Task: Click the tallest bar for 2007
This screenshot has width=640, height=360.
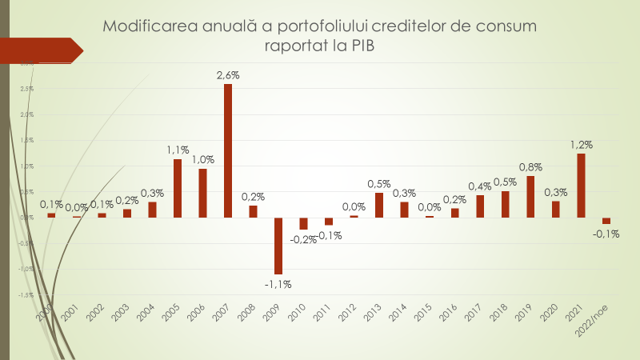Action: [228, 150]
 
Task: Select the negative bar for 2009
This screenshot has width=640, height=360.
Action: [278, 246]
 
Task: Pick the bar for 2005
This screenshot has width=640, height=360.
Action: [178, 188]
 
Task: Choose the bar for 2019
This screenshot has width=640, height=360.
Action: [530, 197]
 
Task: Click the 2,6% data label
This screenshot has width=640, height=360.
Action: [228, 75]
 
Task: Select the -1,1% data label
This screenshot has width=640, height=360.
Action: [278, 283]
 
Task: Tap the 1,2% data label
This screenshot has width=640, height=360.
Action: [581, 145]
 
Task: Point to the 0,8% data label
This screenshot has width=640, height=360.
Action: [530, 167]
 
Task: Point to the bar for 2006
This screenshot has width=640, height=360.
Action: [203, 193]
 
